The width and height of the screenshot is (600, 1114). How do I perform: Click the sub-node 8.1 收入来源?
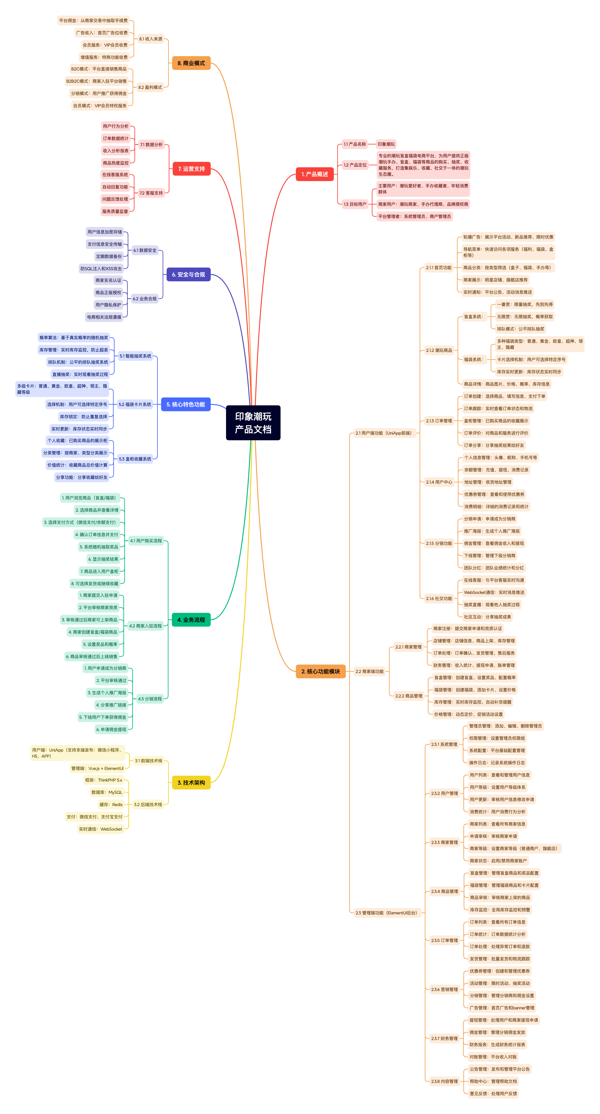click(150, 39)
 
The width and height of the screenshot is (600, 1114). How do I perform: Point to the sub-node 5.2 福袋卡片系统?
click(135, 404)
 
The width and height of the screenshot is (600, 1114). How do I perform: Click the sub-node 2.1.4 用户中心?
click(439, 482)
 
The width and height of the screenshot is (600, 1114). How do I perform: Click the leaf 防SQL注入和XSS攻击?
click(101, 269)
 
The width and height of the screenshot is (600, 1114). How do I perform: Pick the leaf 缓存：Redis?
click(111, 805)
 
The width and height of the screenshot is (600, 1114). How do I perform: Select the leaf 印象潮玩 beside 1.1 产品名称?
click(386, 144)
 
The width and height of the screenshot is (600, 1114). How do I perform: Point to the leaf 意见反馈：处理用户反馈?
click(493, 1094)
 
